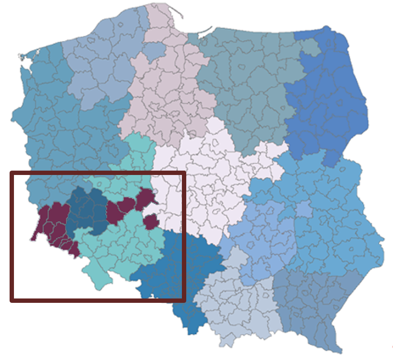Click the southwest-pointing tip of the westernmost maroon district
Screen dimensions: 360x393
coord(33,239)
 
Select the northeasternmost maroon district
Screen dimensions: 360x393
coord(145,198)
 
